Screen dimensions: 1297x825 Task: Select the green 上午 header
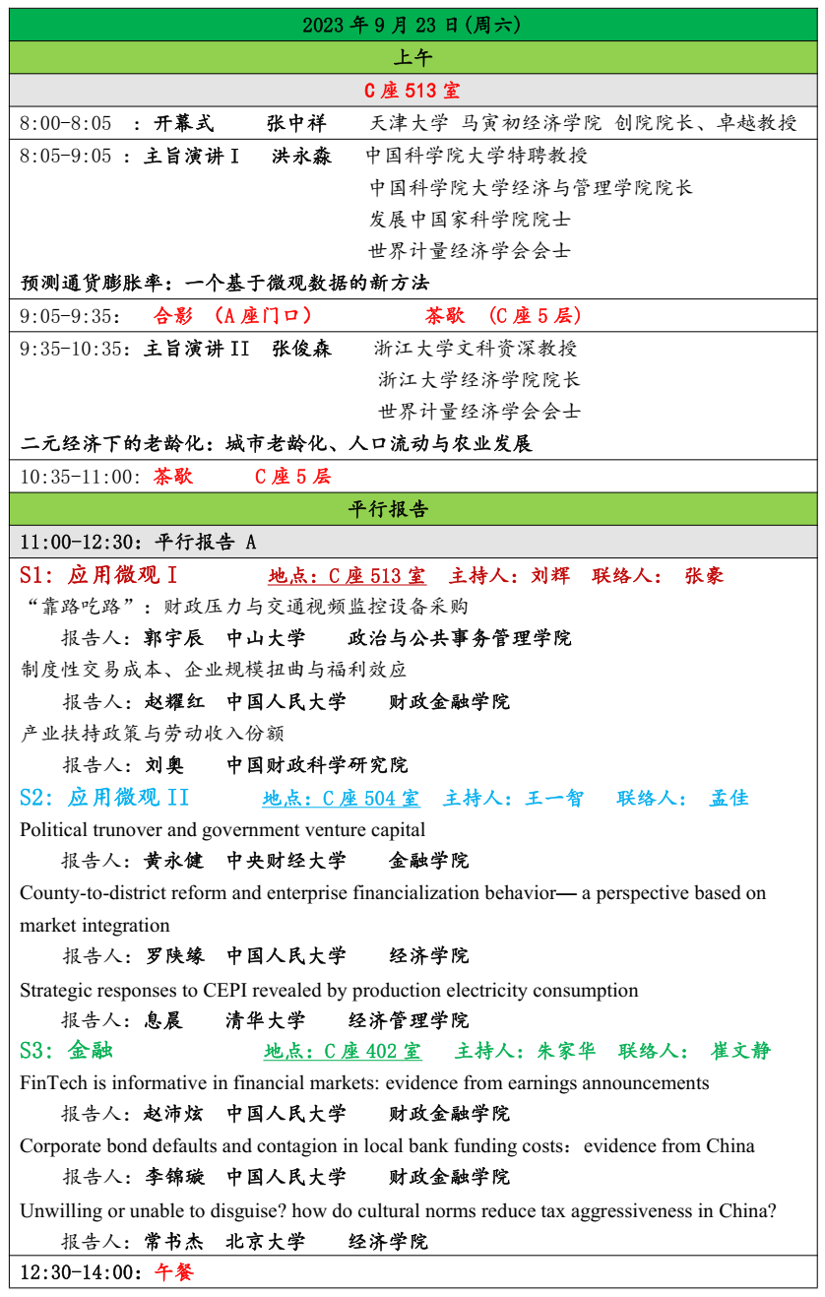pos(412,58)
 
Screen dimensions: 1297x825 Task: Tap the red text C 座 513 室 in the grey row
pos(412,91)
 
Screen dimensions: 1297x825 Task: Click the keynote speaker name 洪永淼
pos(302,156)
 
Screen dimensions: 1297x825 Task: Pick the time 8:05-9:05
pos(66,156)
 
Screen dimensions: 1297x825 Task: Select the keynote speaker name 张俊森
pos(302,349)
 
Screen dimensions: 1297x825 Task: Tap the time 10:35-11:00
pos(80,477)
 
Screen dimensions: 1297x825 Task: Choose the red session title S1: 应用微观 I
pos(98,575)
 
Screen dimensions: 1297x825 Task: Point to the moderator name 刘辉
pos(550,575)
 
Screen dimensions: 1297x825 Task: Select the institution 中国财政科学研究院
pos(317,765)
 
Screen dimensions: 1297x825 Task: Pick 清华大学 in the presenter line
pos(265,1020)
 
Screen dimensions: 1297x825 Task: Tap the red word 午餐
pos(174,1272)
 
